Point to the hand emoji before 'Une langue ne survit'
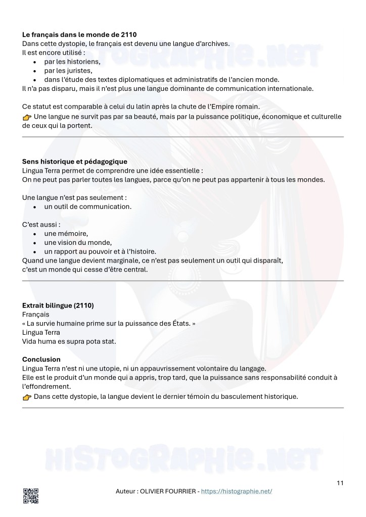coord(27,118)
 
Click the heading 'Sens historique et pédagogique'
coord(74,162)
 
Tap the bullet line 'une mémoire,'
coord(66,233)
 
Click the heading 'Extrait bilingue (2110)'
coord(58,305)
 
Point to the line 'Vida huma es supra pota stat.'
coord(69,341)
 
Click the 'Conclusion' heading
coord(41,359)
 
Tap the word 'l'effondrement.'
coord(46,386)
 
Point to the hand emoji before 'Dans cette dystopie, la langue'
coord(27,397)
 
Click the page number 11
coord(340,483)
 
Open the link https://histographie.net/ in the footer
coord(237,491)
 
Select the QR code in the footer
coord(30,496)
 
